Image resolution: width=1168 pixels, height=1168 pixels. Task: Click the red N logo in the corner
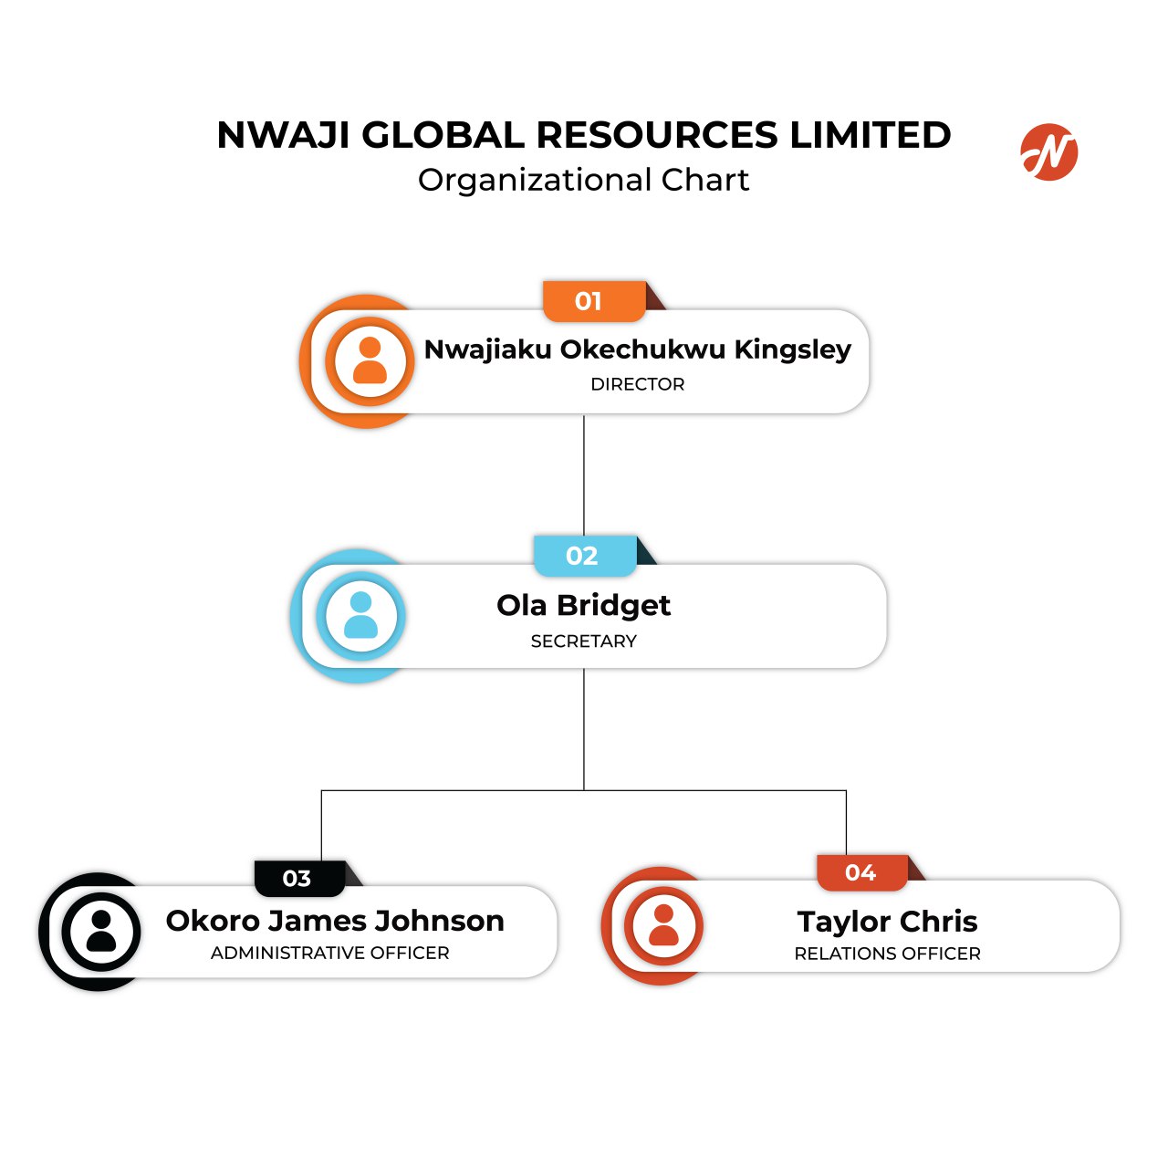1048,152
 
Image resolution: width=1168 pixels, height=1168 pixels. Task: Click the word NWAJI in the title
284,135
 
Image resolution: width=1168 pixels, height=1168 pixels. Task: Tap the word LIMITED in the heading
870,135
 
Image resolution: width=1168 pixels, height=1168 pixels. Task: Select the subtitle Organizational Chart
583,180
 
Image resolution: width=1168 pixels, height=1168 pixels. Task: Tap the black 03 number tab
298,878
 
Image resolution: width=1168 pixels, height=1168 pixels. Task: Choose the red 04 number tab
861,872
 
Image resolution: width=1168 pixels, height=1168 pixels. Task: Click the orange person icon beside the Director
370,361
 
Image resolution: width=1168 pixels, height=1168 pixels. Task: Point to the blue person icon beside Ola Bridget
361,616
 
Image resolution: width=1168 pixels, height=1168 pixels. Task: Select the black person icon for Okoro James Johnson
101,932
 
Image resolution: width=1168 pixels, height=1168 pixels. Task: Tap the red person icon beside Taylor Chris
663,925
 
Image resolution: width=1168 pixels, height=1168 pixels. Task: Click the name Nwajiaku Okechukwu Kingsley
637,349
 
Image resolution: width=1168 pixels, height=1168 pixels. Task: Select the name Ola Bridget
583,605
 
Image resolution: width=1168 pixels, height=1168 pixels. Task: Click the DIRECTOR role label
637,384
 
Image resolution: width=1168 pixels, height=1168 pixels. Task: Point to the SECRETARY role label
583,641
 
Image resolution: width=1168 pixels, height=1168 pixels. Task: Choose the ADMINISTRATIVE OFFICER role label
329,953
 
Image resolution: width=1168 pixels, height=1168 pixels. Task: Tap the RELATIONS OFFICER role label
887,954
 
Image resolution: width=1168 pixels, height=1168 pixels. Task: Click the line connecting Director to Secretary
584,474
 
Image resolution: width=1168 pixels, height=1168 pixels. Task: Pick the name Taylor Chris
887,922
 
